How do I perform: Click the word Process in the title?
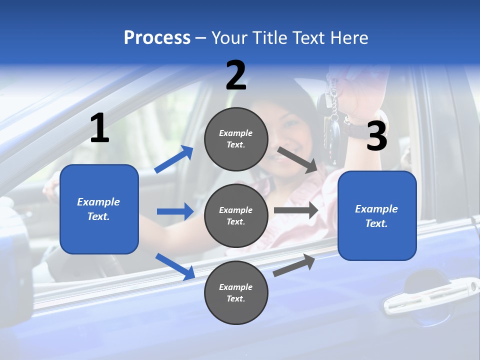(x=157, y=37)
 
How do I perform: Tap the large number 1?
(x=99, y=128)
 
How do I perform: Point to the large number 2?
(x=236, y=75)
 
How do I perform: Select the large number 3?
(x=376, y=136)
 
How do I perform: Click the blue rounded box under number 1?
(x=99, y=209)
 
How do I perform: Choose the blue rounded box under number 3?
(x=377, y=215)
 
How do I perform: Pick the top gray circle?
(x=236, y=139)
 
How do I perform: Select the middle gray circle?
(x=236, y=215)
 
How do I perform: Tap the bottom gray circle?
(x=236, y=292)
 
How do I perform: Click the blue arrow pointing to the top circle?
(x=174, y=159)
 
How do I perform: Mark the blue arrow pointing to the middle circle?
(x=175, y=211)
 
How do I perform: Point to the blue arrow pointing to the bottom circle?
(x=175, y=266)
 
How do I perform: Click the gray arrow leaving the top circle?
(x=297, y=160)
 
